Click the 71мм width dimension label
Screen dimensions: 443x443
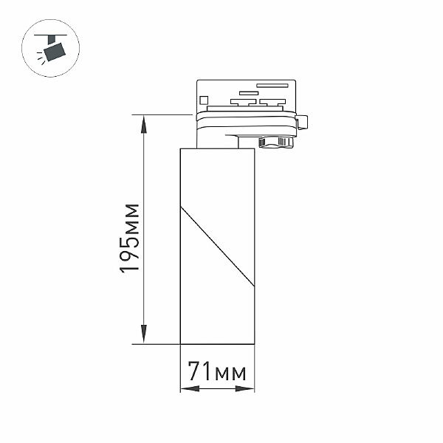[x=217, y=371]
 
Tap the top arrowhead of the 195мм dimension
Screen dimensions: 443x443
[x=144, y=125]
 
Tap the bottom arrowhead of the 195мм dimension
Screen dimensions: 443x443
[x=144, y=334]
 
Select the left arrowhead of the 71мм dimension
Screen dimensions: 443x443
[x=190, y=389]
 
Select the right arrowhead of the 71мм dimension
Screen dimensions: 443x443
[x=244, y=389]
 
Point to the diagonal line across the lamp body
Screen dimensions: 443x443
[x=217, y=247]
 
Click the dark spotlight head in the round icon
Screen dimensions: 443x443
[x=55, y=52]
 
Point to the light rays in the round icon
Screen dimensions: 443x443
[x=41, y=58]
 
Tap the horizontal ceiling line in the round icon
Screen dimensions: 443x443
[x=50, y=35]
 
